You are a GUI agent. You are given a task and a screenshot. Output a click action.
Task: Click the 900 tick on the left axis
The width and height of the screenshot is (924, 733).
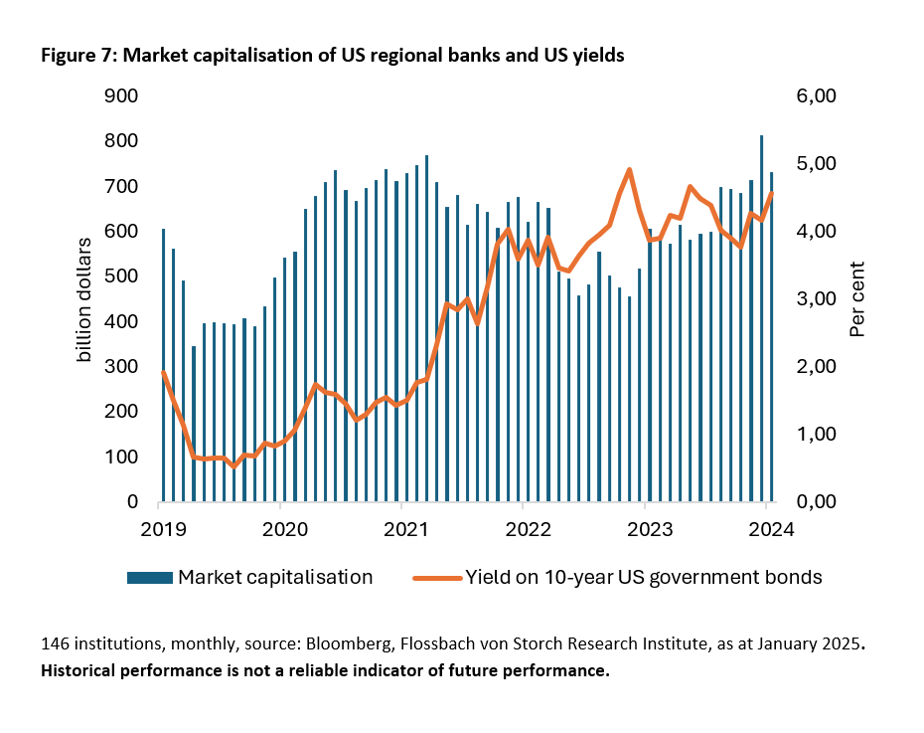[x=120, y=96]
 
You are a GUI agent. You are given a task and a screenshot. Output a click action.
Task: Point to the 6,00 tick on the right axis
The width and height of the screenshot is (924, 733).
[x=821, y=96]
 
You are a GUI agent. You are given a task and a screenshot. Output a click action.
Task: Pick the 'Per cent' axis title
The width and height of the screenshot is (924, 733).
[x=858, y=298]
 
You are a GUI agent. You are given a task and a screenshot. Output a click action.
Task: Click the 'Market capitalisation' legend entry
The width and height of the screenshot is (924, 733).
[x=275, y=577]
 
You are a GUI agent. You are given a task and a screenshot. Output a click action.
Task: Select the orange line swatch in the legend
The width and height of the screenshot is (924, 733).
[x=436, y=577]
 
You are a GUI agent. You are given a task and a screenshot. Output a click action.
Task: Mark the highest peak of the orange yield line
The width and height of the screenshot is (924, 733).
[x=630, y=170]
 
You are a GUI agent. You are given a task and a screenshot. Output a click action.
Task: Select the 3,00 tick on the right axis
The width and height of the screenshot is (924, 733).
[x=821, y=299]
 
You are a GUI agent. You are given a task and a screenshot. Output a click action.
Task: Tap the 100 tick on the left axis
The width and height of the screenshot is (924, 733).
[x=120, y=457]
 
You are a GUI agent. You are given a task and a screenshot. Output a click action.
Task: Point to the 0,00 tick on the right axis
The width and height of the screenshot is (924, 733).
[x=821, y=502]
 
